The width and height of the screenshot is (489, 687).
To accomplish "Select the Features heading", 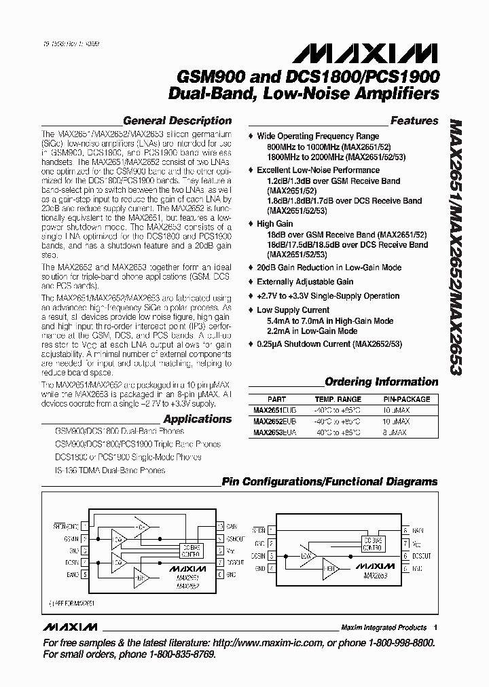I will point(414,121).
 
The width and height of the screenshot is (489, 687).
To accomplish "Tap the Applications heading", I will point(198,419).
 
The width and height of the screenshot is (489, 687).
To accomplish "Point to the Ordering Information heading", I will point(382,382).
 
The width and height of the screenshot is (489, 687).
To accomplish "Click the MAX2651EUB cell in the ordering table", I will point(273,411).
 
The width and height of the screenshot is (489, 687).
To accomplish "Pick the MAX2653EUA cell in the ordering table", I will point(273,432).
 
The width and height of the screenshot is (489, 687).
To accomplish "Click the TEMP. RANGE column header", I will point(338,399).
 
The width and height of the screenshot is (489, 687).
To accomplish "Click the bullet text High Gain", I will point(275,223).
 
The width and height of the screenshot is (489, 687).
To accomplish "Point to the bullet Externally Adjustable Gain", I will point(305,282).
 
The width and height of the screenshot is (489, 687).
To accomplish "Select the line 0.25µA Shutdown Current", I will point(329,344).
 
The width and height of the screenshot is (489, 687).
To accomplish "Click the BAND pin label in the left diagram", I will point(72,574).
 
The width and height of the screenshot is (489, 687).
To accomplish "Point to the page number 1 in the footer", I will point(435,627).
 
